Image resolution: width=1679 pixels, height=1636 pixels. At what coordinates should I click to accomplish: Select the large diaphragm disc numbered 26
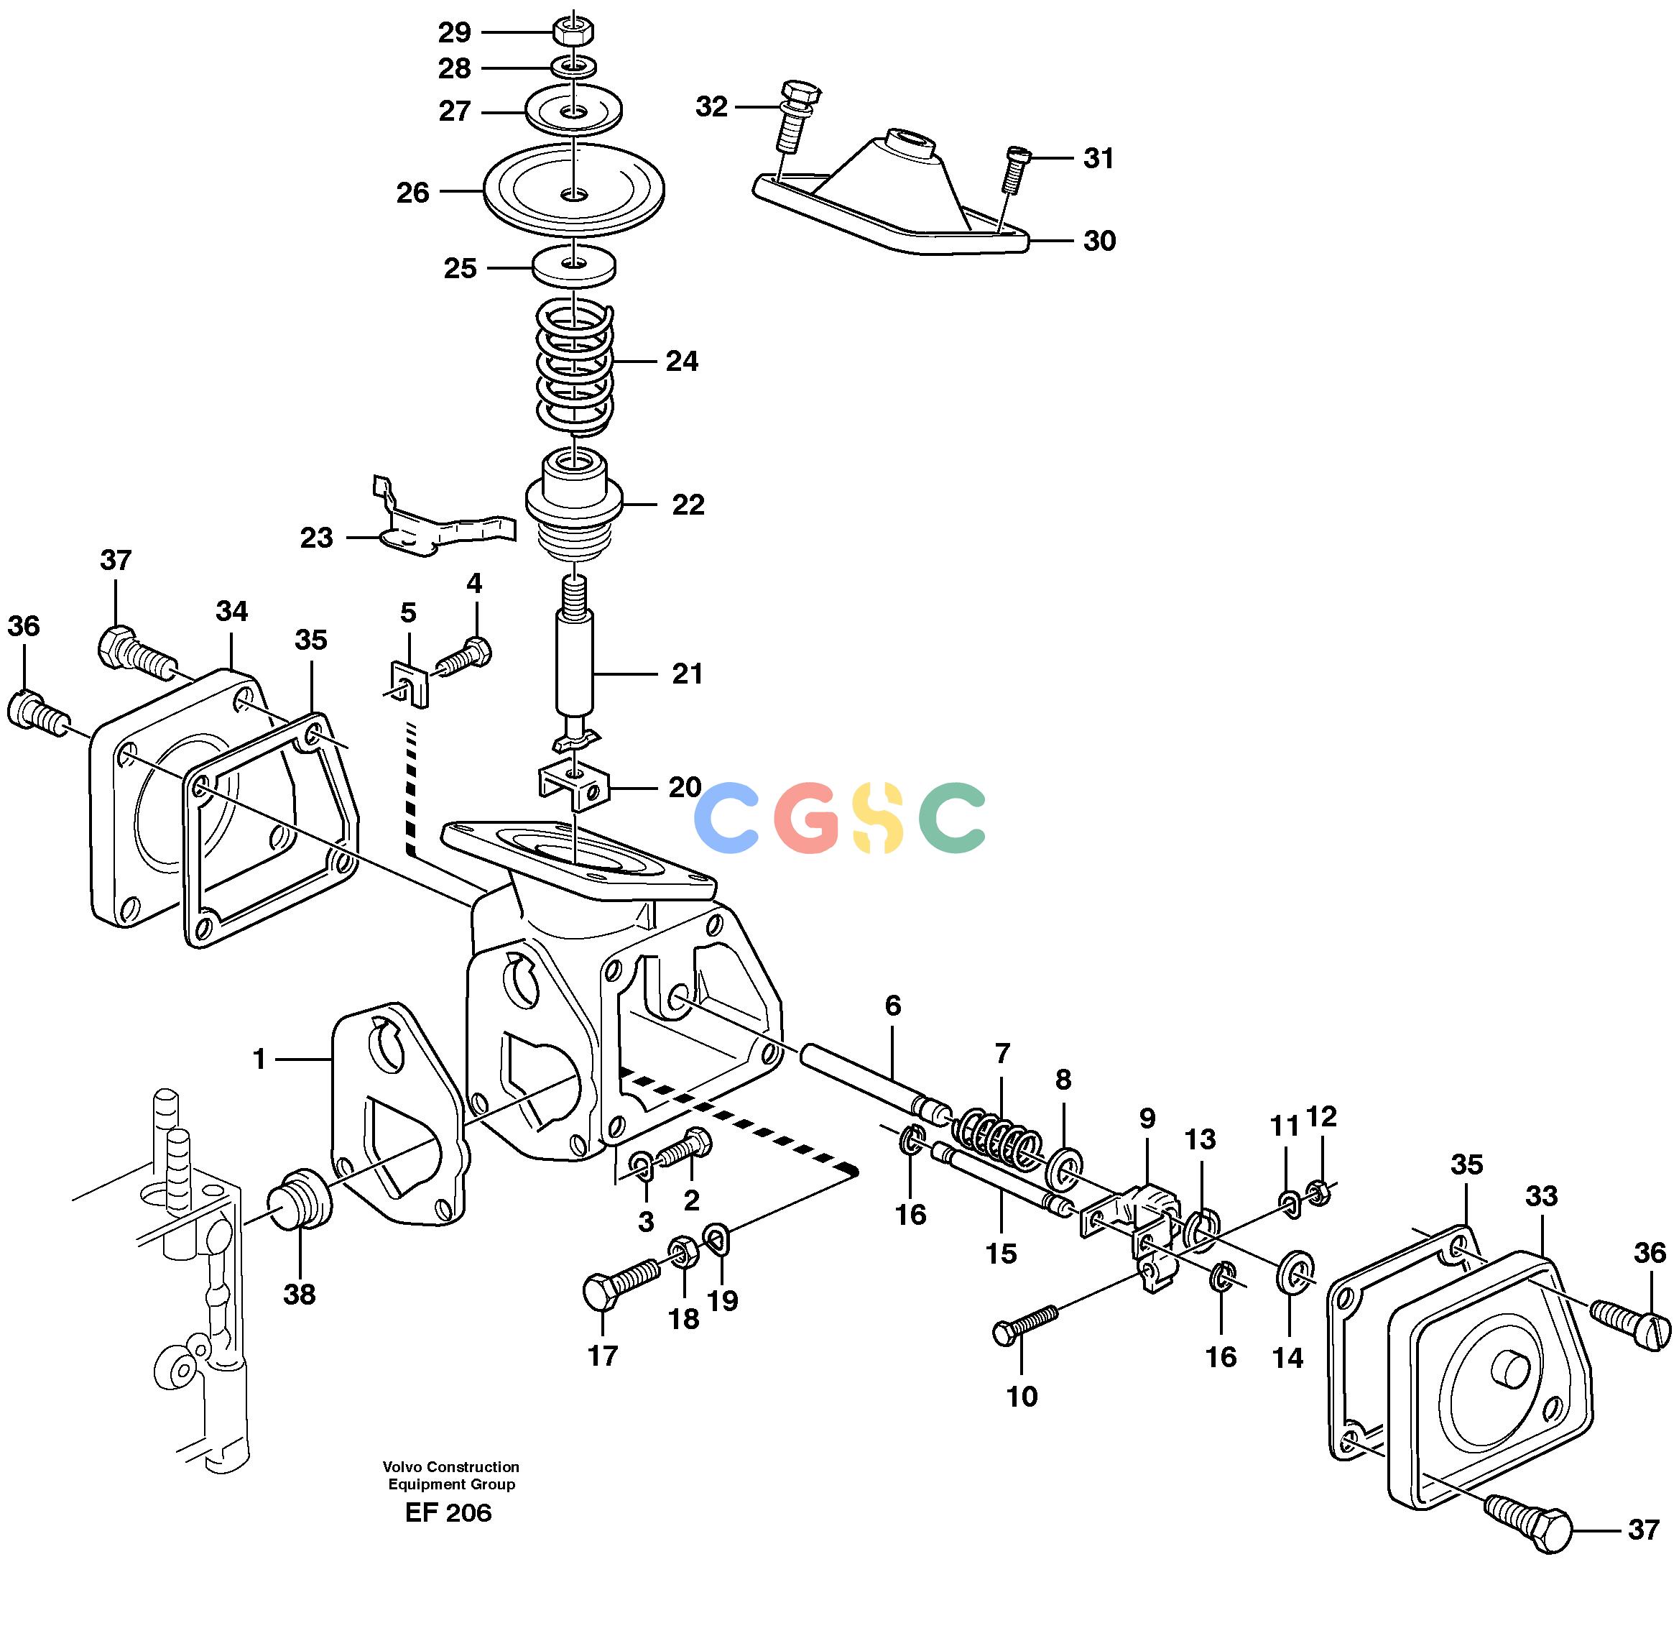point(574,190)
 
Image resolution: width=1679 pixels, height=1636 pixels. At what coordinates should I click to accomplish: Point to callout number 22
point(688,505)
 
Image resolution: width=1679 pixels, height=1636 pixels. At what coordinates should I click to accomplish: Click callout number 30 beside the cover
point(1098,241)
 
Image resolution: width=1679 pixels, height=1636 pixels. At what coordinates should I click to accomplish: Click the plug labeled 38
point(298,1198)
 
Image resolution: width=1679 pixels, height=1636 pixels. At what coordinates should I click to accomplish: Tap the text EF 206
point(448,1512)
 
